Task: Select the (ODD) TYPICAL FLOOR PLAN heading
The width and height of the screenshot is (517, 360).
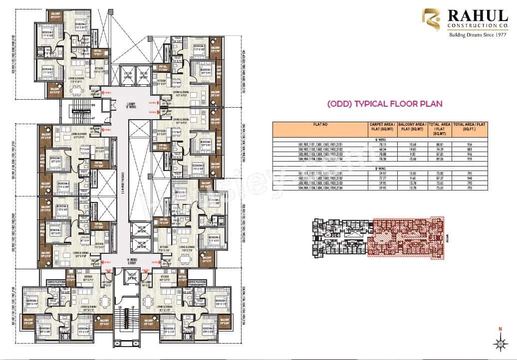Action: click(384, 104)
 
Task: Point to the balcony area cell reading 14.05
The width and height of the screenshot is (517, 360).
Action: click(413, 149)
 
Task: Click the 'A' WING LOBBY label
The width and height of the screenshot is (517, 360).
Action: click(128, 260)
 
